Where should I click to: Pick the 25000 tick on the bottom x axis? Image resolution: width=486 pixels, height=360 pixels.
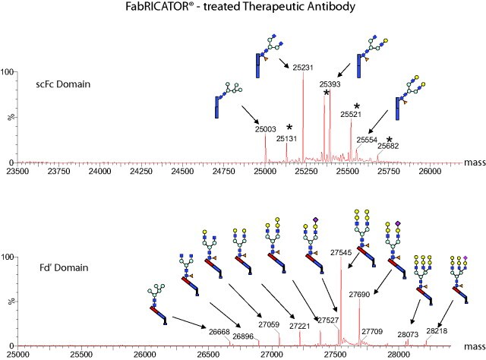[x=18, y=354]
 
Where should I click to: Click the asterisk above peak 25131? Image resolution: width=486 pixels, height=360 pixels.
[x=289, y=127]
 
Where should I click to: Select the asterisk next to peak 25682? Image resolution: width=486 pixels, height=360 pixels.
[x=389, y=141]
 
